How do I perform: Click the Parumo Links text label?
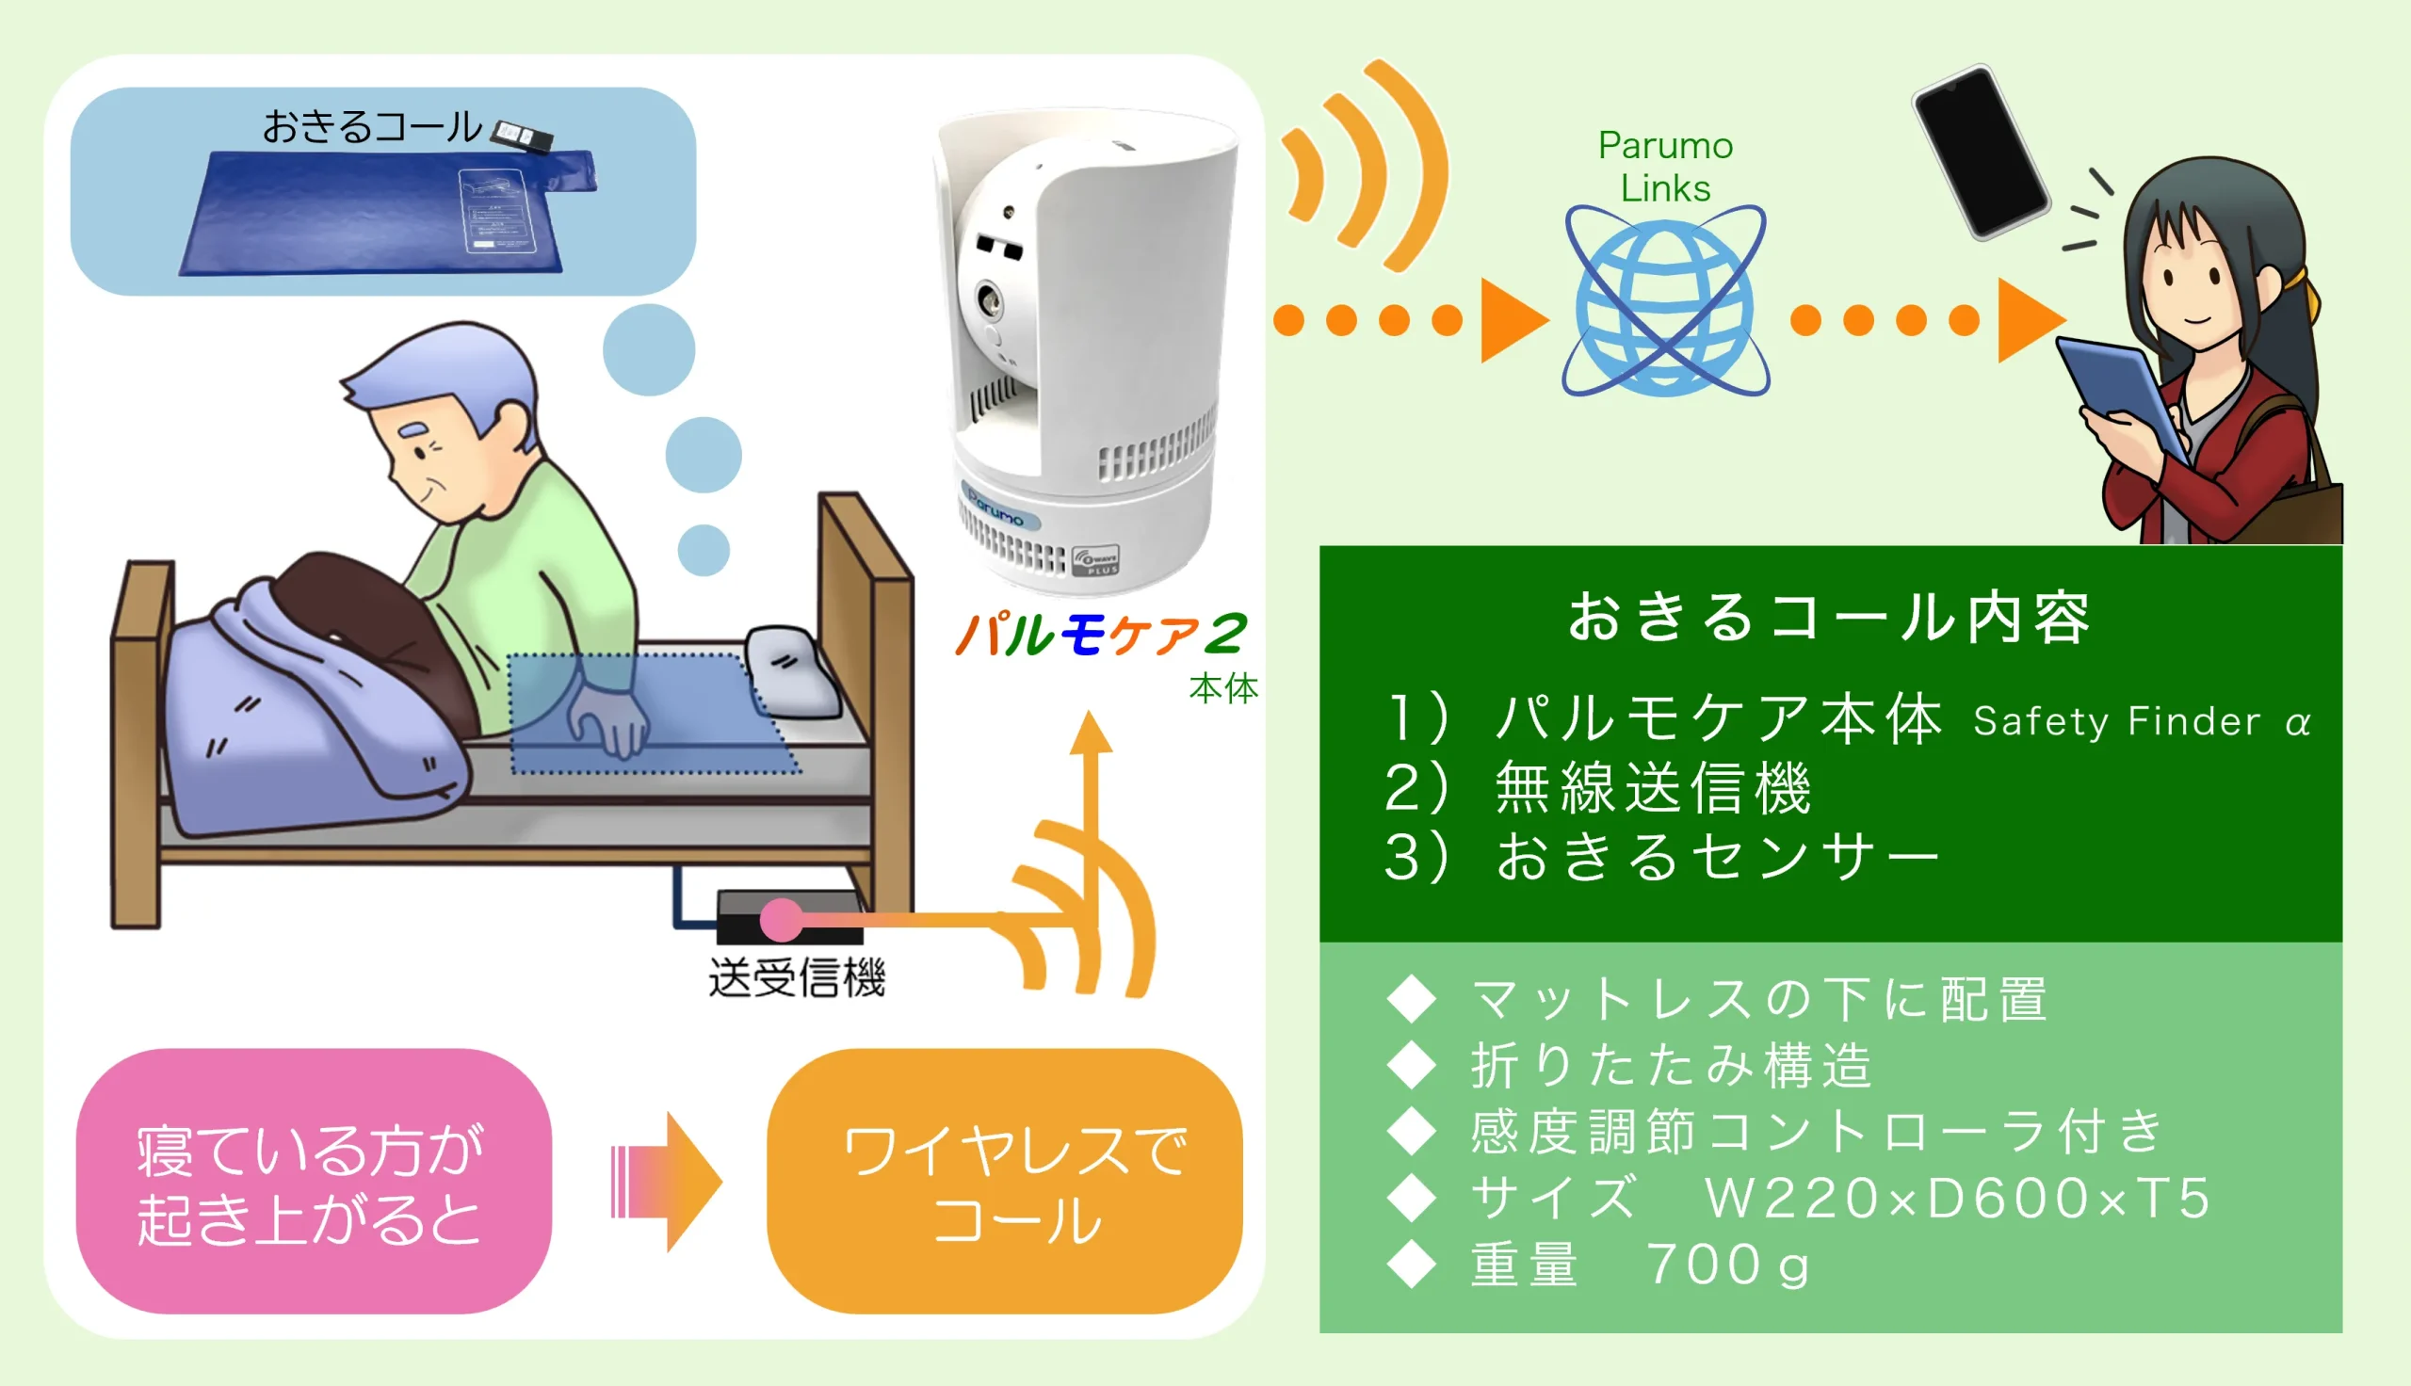click(x=1666, y=167)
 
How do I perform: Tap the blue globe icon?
click(x=1665, y=301)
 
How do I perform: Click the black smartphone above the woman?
click(x=1981, y=152)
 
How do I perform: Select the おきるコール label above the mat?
click(x=372, y=126)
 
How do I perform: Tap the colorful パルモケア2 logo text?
click(x=1100, y=635)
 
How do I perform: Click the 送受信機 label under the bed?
click(x=797, y=977)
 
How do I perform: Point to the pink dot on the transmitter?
click(x=782, y=920)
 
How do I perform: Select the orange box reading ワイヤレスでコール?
click(x=1005, y=1182)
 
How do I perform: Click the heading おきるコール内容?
click(x=1829, y=617)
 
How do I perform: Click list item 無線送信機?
click(x=1654, y=788)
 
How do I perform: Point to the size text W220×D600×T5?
click(x=1957, y=1198)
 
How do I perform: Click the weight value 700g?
click(x=1727, y=1265)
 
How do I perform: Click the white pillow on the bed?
click(x=793, y=672)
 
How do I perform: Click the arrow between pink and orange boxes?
click(x=666, y=1182)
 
